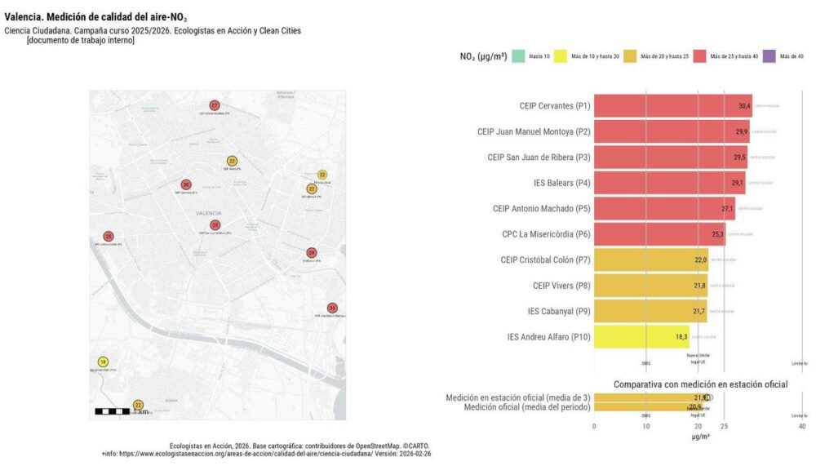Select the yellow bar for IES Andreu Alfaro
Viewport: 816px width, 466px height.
pyautogui.click(x=641, y=336)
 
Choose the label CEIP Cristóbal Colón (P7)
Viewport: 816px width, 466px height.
pyautogui.click(x=545, y=260)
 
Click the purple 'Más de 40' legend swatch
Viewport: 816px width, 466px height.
pyautogui.click(x=769, y=56)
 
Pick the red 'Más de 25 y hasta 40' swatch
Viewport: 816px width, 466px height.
pyautogui.click(x=699, y=56)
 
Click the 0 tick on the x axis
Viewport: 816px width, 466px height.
pyautogui.click(x=594, y=427)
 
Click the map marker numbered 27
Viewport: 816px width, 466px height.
pyautogui.click(x=215, y=105)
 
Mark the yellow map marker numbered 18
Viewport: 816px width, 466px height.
pyautogui.click(x=103, y=362)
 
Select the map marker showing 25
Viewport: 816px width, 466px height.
pyautogui.click(x=109, y=237)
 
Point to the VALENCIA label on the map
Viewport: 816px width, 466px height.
pyautogui.click(x=209, y=213)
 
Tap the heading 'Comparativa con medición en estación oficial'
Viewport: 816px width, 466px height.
pyautogui.click(x=700, y=384)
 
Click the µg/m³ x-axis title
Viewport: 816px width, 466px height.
pyautogui.click(x=699, y=437)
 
